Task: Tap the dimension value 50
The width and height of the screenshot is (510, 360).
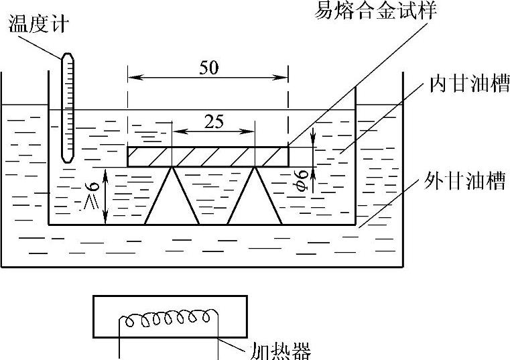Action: tap(208, 68)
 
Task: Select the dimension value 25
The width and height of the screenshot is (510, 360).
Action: tap(214, 123)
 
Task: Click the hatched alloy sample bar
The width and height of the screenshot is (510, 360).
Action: tap(208, 156)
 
